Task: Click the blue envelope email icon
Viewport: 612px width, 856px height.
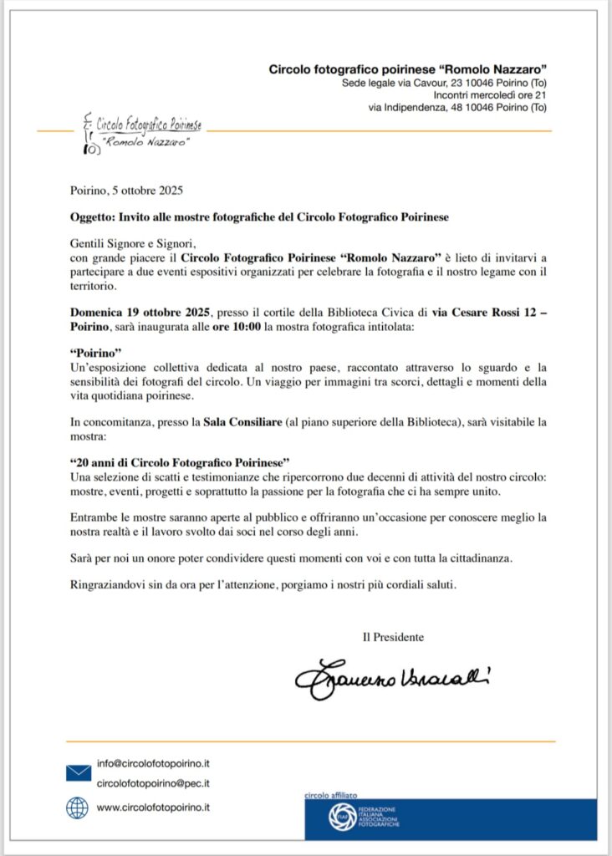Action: click(79, 773)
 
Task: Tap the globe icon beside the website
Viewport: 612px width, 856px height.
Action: click(78, 808)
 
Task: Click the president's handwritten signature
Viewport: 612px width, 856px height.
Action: click(391, 678)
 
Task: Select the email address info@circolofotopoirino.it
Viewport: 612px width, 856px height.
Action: click(153, 763)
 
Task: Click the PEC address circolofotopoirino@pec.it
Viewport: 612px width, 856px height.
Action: click(153, 783)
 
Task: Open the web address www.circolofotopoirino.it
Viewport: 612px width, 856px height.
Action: click(153, 808)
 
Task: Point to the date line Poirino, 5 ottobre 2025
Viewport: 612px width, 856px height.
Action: click(126, 190)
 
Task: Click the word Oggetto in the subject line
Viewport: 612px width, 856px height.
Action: click(91, 217)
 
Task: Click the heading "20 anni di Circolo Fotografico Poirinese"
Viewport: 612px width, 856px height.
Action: click(181, 462)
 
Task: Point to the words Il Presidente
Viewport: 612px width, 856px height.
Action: click(393, 637)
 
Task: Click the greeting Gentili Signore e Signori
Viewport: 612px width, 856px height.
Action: click(132, 243)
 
